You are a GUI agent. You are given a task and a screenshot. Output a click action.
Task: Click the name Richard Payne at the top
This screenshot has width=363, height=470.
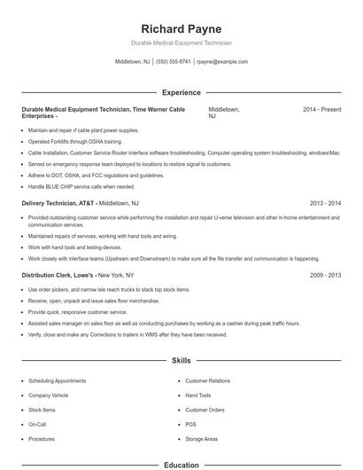click(181, 28)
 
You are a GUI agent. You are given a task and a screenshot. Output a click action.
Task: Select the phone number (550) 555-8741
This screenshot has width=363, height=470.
click(174, 62)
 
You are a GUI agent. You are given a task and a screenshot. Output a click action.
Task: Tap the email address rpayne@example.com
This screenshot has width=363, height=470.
click(221, 62)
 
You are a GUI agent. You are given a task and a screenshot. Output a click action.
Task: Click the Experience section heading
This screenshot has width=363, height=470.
click(181, 92)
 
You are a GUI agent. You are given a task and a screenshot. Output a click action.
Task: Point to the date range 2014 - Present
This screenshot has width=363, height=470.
click(321, 109)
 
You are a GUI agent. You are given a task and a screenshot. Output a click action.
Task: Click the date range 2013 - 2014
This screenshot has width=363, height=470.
click(325, 203)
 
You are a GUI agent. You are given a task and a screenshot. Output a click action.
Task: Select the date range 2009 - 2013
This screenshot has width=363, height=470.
click(325, 276)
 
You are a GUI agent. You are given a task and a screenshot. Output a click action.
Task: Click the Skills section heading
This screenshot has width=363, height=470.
click(181, 362)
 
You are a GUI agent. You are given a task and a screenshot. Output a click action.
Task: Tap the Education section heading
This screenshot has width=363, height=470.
click(181, 465)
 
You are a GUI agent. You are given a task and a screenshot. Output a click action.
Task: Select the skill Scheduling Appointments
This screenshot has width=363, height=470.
click(57, 380)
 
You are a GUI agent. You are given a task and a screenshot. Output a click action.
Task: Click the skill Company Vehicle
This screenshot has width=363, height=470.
click(48, 396)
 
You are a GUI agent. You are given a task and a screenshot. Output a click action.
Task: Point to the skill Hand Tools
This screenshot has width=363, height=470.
click(198, 396)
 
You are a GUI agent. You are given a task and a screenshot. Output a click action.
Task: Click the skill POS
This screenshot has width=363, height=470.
click(190, 425)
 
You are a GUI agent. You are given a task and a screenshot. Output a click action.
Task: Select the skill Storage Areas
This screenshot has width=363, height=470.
click(201, 440)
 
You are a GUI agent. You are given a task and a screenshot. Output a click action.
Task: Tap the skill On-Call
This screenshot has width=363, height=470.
click(37, 425)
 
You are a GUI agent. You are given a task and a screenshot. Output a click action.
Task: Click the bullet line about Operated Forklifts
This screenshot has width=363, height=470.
click(62, 141)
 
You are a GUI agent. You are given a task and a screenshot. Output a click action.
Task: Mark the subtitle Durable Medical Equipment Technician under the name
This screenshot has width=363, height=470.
click(181, 43)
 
